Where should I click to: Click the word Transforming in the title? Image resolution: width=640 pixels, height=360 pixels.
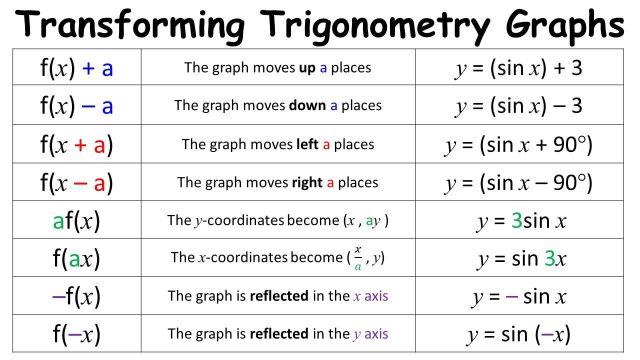click(129, 25)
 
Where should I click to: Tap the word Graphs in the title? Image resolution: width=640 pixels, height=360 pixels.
click(565, 26)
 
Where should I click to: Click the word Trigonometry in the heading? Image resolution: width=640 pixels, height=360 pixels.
click(375, 27)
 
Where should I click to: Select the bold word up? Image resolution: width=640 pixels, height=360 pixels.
click(307, 68)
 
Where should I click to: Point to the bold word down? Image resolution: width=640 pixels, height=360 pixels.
click(307, 105)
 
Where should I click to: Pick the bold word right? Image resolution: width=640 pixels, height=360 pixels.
click(307, 183)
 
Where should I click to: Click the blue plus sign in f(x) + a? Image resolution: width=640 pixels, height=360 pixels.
click(88, 68)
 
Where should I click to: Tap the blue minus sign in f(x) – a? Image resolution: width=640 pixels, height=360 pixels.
click(88, 106)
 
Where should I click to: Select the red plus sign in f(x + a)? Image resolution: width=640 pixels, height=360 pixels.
click(80, 145)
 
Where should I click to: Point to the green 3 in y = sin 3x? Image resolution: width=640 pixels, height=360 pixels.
click(549, 258)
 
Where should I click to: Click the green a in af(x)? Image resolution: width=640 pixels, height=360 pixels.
click(58, 221)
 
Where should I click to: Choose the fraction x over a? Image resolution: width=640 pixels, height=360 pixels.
click(358, 258)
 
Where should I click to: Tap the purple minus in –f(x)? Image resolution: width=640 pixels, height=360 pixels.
click(59, 297)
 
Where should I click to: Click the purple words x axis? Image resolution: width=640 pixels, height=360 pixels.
click(370, 296)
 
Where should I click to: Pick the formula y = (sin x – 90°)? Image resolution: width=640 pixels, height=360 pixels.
click(518, 183)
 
